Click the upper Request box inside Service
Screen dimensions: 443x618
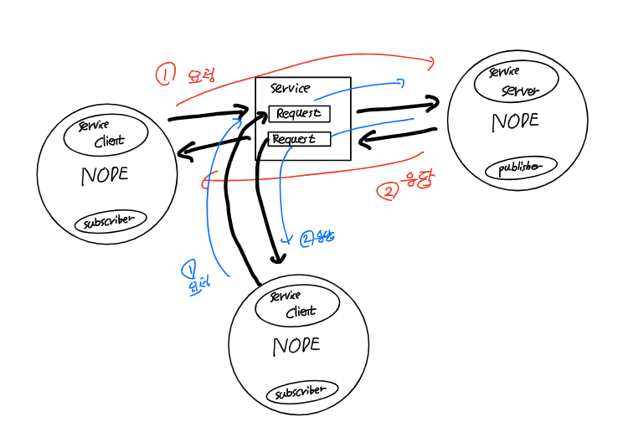click(x=299, y=113)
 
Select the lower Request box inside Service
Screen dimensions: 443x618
click(x=299, y=139)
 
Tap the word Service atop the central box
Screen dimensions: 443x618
click(x=290, y=89)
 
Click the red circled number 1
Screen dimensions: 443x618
click(x=165, y=75)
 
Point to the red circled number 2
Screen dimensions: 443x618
click(x=389, y=192)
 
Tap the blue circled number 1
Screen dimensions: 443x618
click(x=189, y=269)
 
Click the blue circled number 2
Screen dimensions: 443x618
click(x=306, y=240)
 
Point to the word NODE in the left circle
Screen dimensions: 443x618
click(x=105, y=176)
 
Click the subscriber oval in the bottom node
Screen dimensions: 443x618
click(x=301, y=391)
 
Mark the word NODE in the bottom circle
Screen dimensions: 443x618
click(x=296, y=346)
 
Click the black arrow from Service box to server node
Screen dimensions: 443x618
click(x=398, y=106)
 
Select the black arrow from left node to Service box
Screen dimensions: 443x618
click(x=209, y=115)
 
